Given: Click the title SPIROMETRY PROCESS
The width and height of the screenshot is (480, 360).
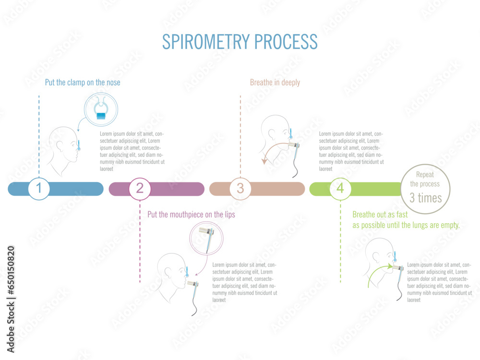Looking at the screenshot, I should point(240,42).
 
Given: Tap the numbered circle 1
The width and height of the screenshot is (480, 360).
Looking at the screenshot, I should point(39,189).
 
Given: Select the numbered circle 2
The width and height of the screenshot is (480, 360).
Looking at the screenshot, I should point(140,189).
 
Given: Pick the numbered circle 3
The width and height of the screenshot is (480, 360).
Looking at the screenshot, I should point(240,189).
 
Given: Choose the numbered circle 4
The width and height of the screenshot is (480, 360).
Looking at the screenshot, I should point(340,189).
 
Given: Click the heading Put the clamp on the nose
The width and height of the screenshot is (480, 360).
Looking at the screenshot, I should point(83,83).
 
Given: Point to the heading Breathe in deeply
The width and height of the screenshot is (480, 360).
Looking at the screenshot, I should point(275,83).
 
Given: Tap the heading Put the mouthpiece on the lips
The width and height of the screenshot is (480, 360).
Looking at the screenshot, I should point(191,215).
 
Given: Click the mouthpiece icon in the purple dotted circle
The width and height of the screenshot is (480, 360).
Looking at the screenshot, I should point(207,238).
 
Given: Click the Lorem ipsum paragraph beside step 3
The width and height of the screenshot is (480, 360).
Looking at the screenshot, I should point(351,151).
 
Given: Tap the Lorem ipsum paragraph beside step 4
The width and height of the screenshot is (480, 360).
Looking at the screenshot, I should point(439,282).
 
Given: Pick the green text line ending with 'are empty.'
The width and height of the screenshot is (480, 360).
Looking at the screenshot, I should point(406,225).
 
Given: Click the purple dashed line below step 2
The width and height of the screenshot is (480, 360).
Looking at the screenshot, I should point(140,245).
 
